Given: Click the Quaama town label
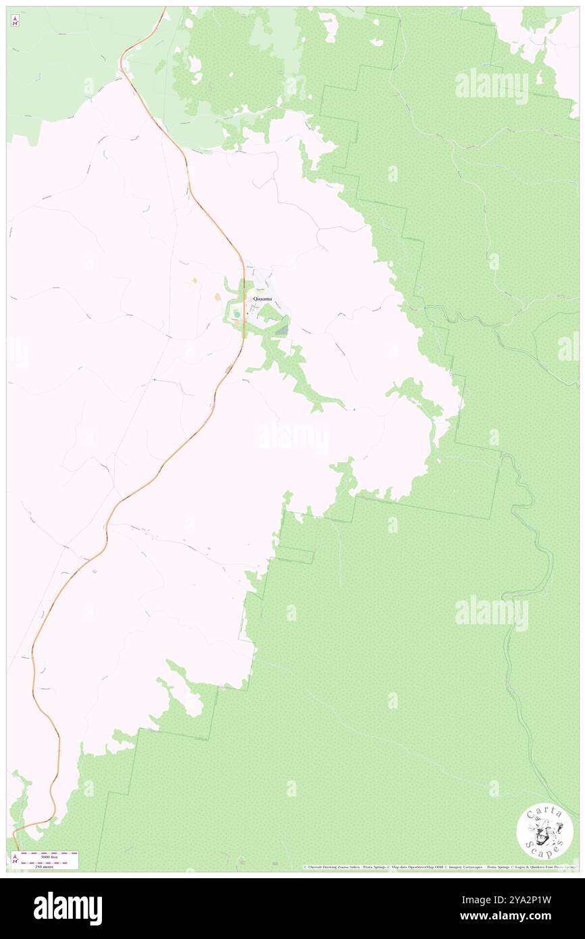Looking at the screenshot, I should (262, 299).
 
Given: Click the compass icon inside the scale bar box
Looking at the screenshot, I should (15, 860).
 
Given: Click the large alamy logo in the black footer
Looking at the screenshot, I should (68, 909).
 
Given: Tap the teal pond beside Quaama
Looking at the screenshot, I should (236, 313).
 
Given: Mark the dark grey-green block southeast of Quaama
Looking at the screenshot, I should (281, 330).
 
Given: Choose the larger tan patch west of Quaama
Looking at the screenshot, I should (217, 297).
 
